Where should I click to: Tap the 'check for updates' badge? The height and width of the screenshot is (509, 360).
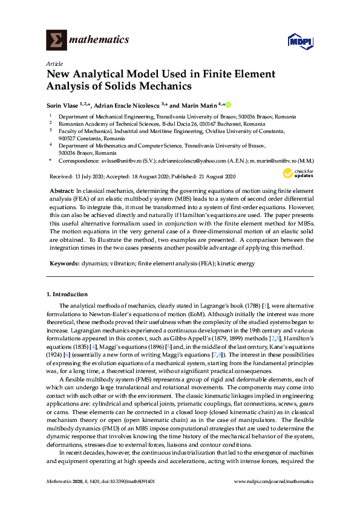(x=295, y=175)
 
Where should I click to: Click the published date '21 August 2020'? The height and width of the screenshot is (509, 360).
(x=213, y=177)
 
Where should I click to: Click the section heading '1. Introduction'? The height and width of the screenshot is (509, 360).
(x=67, y=294)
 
